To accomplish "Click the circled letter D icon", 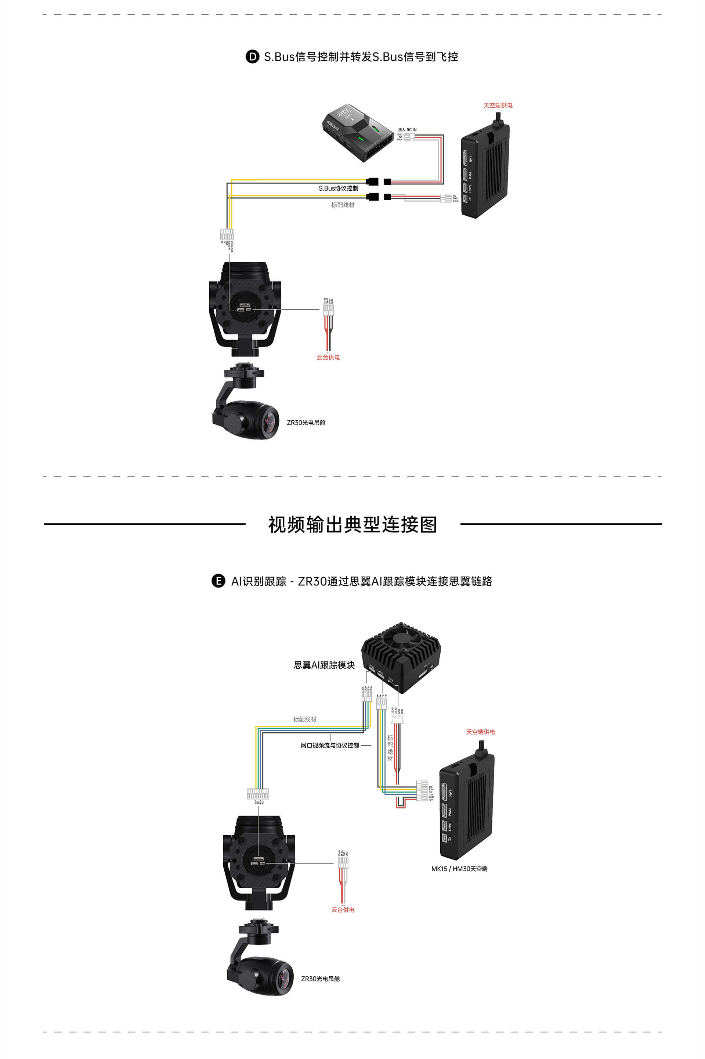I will coord(252,57).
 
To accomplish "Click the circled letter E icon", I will coord(218,581).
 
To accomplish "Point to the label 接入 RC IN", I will coord(407,130).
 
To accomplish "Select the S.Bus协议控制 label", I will coord(338,188).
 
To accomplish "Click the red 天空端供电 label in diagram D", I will coord(498,105).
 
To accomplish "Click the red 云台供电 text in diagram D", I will coord(328,357).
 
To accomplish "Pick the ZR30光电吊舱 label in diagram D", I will coord(306,423).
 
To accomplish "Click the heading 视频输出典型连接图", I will coord(352,525).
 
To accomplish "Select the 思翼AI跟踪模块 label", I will coord(324,665).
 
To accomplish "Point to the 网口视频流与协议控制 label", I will coord(330,746).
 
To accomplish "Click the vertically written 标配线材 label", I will coord(390,748).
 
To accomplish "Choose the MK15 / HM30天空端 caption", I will coord(459,869).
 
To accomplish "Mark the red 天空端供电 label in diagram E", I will coord(480,732).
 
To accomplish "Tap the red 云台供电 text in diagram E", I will coord(343,910).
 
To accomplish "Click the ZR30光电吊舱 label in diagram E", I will coord(320,979).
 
